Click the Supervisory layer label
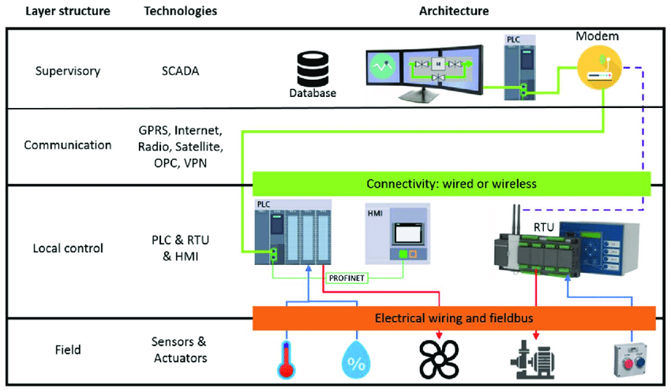[x=68, y=71]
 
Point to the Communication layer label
[x=68, y=145]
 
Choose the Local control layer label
[x=68, y=248]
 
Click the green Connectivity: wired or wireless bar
[x=451, y=184]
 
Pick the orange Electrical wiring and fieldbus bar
[x=454, y=319]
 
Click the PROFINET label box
[x=346, y=278]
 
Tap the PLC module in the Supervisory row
[x=516, y=65]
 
